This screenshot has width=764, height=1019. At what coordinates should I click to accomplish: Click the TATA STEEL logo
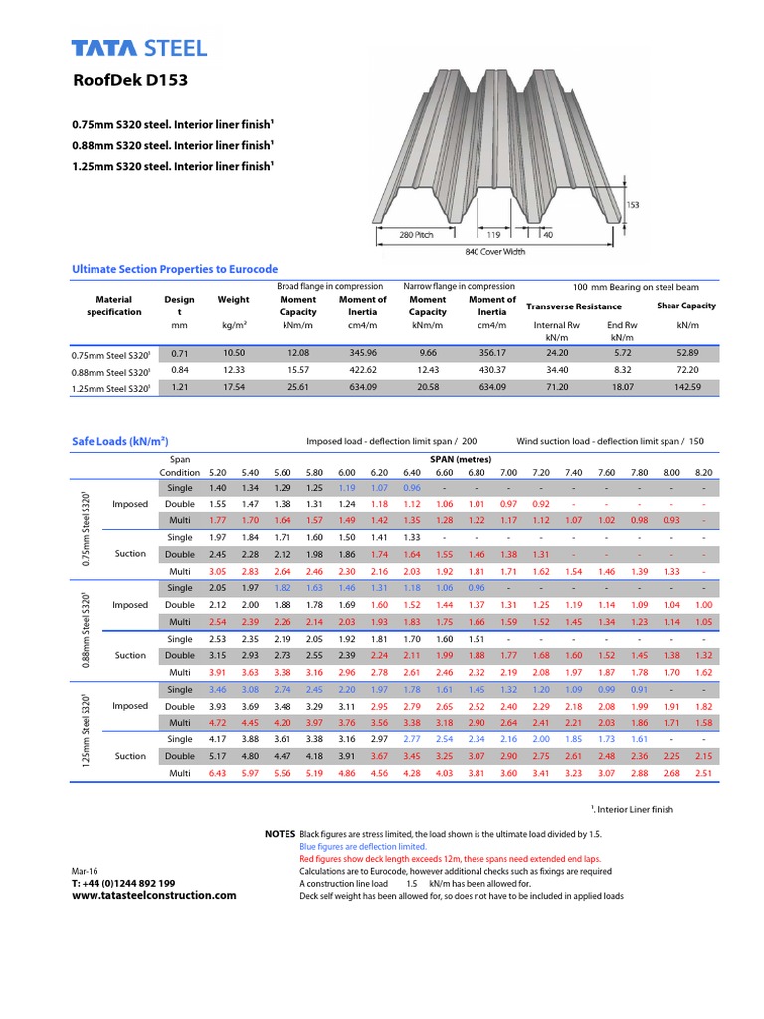pyautogui.click(x=139, y=48)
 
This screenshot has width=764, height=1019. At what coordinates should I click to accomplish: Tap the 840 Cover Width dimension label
pyautogui.click(x=494, y=252)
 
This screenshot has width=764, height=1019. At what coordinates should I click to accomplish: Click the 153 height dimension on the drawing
pyautogui.click(x=632, y=204)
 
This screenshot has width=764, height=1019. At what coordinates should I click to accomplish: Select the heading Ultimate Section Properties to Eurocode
pyautogui.click(x=175, y=270)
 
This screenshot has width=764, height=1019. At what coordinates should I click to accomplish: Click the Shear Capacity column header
pyautogui.click(x=685, y=306)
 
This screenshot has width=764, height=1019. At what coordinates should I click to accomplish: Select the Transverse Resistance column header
pyautogui.click(x=573, y=306)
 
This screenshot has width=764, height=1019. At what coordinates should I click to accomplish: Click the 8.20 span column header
pyautogui.click(x=703, y=472)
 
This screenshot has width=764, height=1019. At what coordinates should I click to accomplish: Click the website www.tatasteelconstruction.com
pyautogui.click(x=154, y=895)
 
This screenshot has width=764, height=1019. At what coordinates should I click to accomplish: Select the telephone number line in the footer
pyautogui.click(x=123, y=883)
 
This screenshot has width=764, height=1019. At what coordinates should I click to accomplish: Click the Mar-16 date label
pyautogui.click(x=86, y=870)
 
